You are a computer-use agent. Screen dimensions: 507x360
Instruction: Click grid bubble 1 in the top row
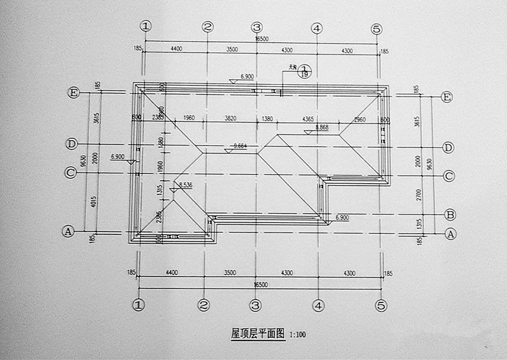point(146,27)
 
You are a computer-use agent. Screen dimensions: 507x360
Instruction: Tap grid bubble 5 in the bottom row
point(380,305)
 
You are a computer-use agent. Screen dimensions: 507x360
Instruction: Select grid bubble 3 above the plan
point(257,27)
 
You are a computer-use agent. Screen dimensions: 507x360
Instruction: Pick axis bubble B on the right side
point(449,214)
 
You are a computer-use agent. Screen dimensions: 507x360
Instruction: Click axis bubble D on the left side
point(72,144)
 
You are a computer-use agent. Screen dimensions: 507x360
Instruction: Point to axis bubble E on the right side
point(447,97)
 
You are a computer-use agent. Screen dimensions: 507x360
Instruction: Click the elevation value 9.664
point(240,146)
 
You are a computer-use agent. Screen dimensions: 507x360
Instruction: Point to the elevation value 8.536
point(185,184)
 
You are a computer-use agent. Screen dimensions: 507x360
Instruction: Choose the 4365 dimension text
point(308,119)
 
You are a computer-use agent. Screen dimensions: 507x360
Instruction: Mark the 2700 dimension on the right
point(417,193)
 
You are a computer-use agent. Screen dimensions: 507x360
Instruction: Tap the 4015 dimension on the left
point(94,204)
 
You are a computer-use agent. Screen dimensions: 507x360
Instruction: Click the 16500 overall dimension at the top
point(261,39)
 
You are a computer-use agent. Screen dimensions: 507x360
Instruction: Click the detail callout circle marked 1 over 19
point(304,71)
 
